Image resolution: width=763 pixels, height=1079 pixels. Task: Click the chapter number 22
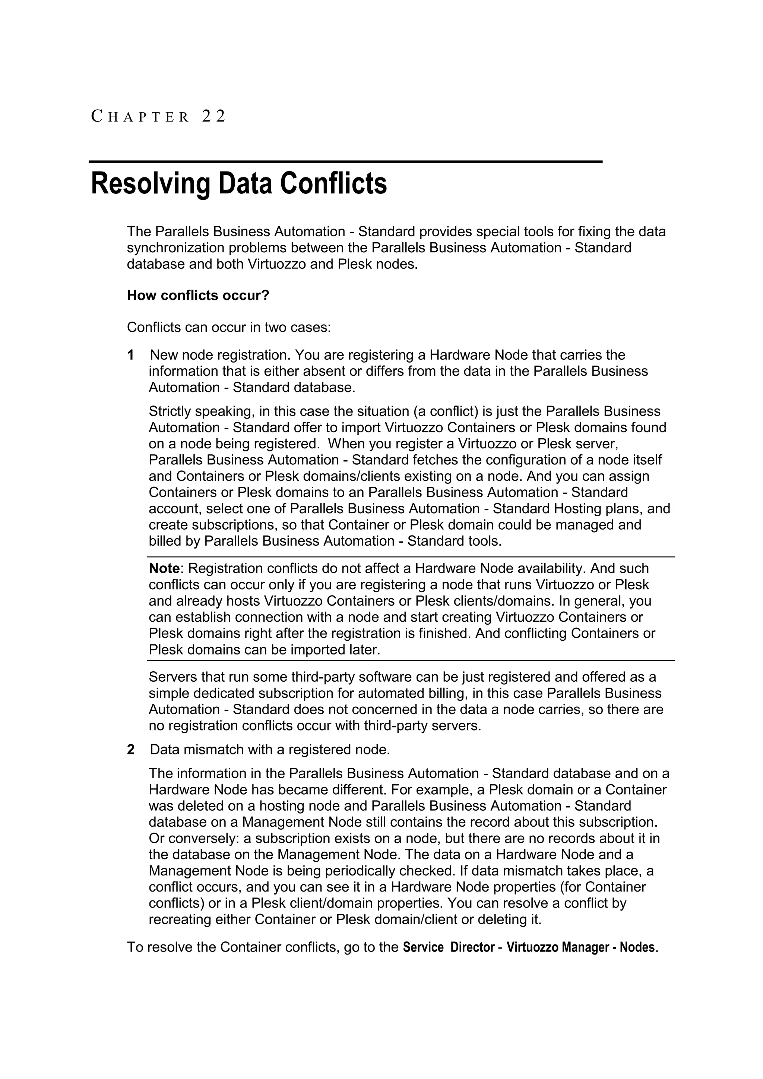pyautogui.click(x=214, y=116)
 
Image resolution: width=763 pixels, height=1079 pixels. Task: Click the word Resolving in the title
pyautogui.click(x=150, y=183)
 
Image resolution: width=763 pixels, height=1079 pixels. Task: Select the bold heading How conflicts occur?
pyautogui.click(x=198, y=296)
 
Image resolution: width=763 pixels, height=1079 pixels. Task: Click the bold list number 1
pyautogui.click(x=131, y=355)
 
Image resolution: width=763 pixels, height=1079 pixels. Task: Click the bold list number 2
pyautogui.click(x=131, y=750)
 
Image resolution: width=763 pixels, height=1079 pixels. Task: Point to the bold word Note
pyautogui.click(x=164, y=569)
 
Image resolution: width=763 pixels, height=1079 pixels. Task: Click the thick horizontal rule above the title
pyautogui.click(x=345, y=162)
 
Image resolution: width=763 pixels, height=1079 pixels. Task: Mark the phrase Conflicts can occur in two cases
pyautogui.click(x=229, y=327)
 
